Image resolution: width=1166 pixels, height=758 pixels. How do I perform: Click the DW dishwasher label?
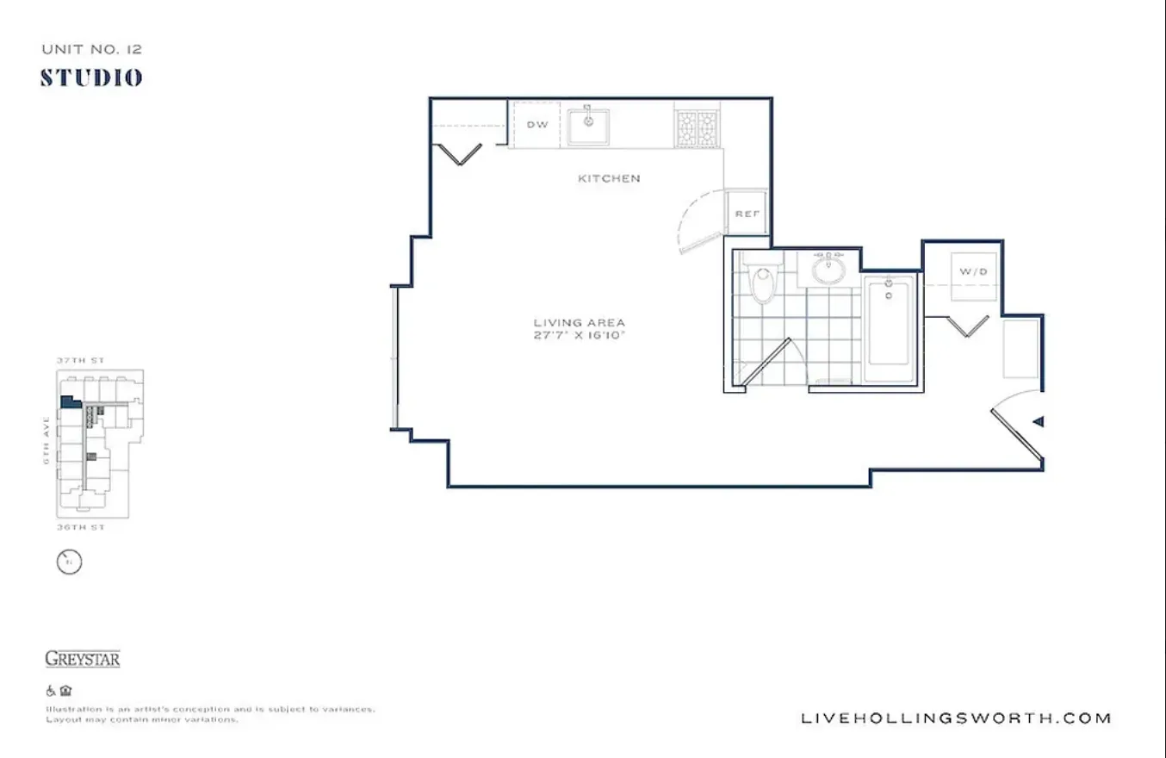pyautogui.click(x=537, y=125)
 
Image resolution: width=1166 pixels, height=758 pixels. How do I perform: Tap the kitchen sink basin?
pyautogui.click(x=589, y=127)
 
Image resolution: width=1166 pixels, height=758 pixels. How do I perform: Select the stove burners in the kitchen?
pyautogui.click(x=697, y=127)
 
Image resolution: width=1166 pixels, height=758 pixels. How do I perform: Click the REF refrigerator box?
pyautogui.click(x=747, y=213)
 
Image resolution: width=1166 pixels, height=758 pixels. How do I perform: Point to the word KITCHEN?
pyautogui.click(x=609, y=178)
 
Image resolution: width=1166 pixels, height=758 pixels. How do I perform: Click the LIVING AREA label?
pyautogui.click(x=579, y=323)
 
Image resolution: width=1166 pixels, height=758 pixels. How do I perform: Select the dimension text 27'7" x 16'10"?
pyautogui.click(x=579, y=335)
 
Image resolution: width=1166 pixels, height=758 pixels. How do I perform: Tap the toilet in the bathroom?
pyautogui.click(x=763, y=283)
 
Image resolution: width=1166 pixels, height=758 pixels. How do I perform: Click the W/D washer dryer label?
pyautogui.click(x=973, y=272)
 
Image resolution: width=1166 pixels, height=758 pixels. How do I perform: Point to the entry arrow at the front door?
pyautogui.click(x=1039, y=422)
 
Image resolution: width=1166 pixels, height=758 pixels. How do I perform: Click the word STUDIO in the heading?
pyautogui.click(x=91, y=78)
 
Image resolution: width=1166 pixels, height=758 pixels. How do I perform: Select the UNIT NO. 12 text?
pyautogui.click(x=91, y=50)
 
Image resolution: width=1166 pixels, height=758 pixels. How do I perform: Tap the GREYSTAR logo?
pyautogui.click(x=83, y=660)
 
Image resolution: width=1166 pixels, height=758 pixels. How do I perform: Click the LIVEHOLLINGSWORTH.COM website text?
pyautogui.click(x=956, y=718)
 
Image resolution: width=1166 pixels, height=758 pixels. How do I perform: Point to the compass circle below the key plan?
pyautogui.click(x=69, y=563)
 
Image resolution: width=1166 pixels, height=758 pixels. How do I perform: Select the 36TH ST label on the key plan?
pyautogui.click(x=80, y=527)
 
